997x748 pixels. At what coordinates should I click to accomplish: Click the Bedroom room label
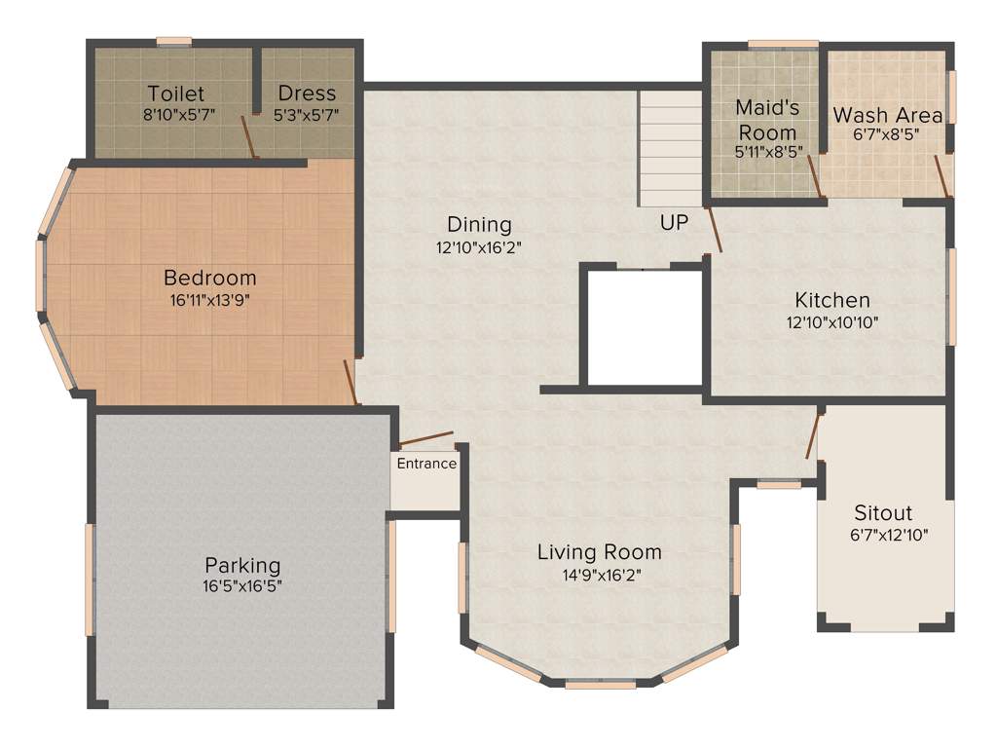click(209, 277)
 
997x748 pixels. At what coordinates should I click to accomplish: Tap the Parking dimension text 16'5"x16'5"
click(242, 586)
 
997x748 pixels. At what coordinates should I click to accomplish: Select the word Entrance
click(426, 464)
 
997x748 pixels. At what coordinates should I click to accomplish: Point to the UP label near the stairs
click(674, 223)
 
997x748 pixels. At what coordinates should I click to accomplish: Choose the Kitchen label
click(832, 300)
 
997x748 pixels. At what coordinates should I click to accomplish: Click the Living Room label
click(599, 552)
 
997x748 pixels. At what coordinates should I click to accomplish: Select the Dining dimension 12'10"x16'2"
click(479, 247)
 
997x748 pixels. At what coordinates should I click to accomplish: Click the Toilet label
click(176, 93)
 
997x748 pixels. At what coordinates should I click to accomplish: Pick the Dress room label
click(307, 93)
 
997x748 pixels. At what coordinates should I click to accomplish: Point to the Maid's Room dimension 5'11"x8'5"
click(767, 152)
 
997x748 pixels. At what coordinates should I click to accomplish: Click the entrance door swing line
click(425, 440)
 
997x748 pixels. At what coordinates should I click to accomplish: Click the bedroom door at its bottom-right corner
click(351, 382)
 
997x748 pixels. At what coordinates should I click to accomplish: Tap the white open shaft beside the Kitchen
click(643, 326)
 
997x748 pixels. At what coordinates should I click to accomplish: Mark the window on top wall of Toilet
click(174, 41)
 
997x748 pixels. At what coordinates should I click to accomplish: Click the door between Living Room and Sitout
click(814, 436)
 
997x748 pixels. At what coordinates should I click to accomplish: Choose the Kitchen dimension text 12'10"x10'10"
click(832, 322)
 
